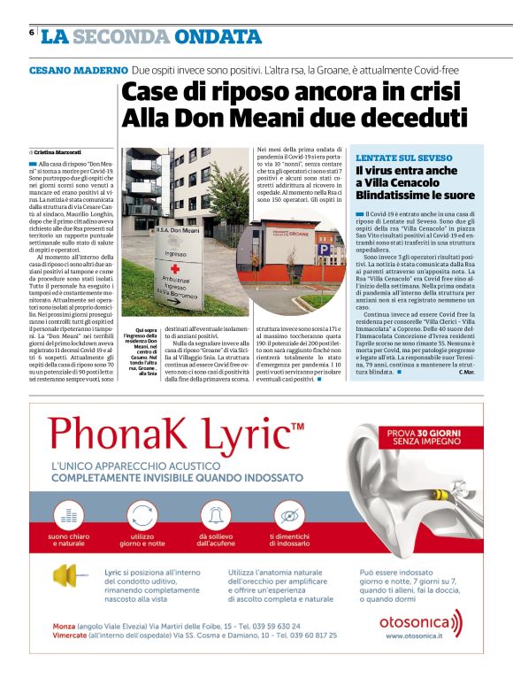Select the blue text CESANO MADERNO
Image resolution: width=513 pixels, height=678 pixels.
(78, 69)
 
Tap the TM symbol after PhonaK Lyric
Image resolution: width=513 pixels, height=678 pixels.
(297, 427)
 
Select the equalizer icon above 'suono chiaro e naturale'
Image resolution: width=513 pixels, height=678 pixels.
(73, 514)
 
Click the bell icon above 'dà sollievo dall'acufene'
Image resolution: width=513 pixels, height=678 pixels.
(215, 514)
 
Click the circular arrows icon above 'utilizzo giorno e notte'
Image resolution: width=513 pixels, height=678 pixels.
(142, 514)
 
